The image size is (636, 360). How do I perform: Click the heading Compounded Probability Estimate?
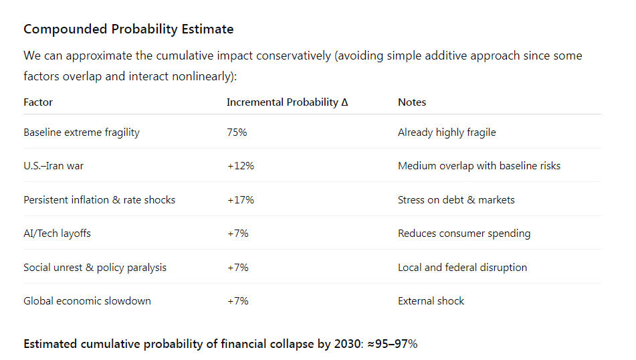(128, 29)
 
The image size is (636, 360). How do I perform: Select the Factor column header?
(38, 102)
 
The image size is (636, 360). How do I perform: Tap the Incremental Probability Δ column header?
(287, 102)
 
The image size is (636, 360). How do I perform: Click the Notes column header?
(412, 102)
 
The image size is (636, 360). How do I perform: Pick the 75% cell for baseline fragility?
(237, 132)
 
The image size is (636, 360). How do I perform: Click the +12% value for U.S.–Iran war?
(240, 166)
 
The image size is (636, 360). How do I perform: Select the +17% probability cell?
(240, 200)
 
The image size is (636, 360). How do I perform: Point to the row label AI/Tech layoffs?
(57, 234)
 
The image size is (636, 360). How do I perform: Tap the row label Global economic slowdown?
(87, 301)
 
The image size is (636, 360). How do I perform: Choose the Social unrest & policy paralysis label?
(95, 268)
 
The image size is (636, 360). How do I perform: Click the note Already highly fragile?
(447, 132)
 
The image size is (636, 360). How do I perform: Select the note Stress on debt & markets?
(456, 200)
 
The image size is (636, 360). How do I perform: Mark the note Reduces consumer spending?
(464, 234)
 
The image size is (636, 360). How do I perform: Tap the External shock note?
(431, 301)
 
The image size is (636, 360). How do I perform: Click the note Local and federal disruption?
(462, 268)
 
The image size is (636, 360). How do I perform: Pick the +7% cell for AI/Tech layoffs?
(237, 234)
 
